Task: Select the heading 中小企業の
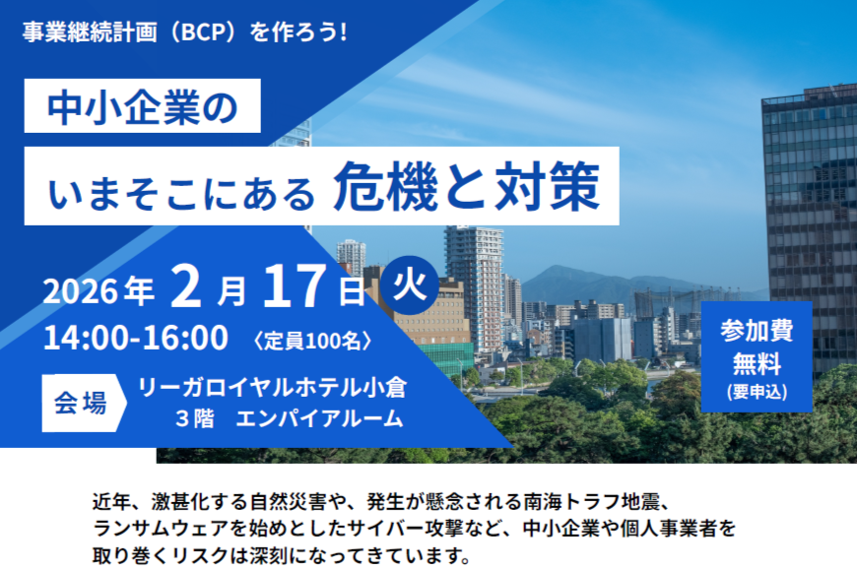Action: point(145,106)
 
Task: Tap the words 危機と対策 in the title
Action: point(466,186)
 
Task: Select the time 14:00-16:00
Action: point(136,338)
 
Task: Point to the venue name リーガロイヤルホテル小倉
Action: point(273,386)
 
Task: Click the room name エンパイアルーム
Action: point(330,418)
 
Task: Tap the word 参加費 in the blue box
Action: point(757,330)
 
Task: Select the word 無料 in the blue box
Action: point(757,363)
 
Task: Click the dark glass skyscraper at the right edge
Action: point(810,197)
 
